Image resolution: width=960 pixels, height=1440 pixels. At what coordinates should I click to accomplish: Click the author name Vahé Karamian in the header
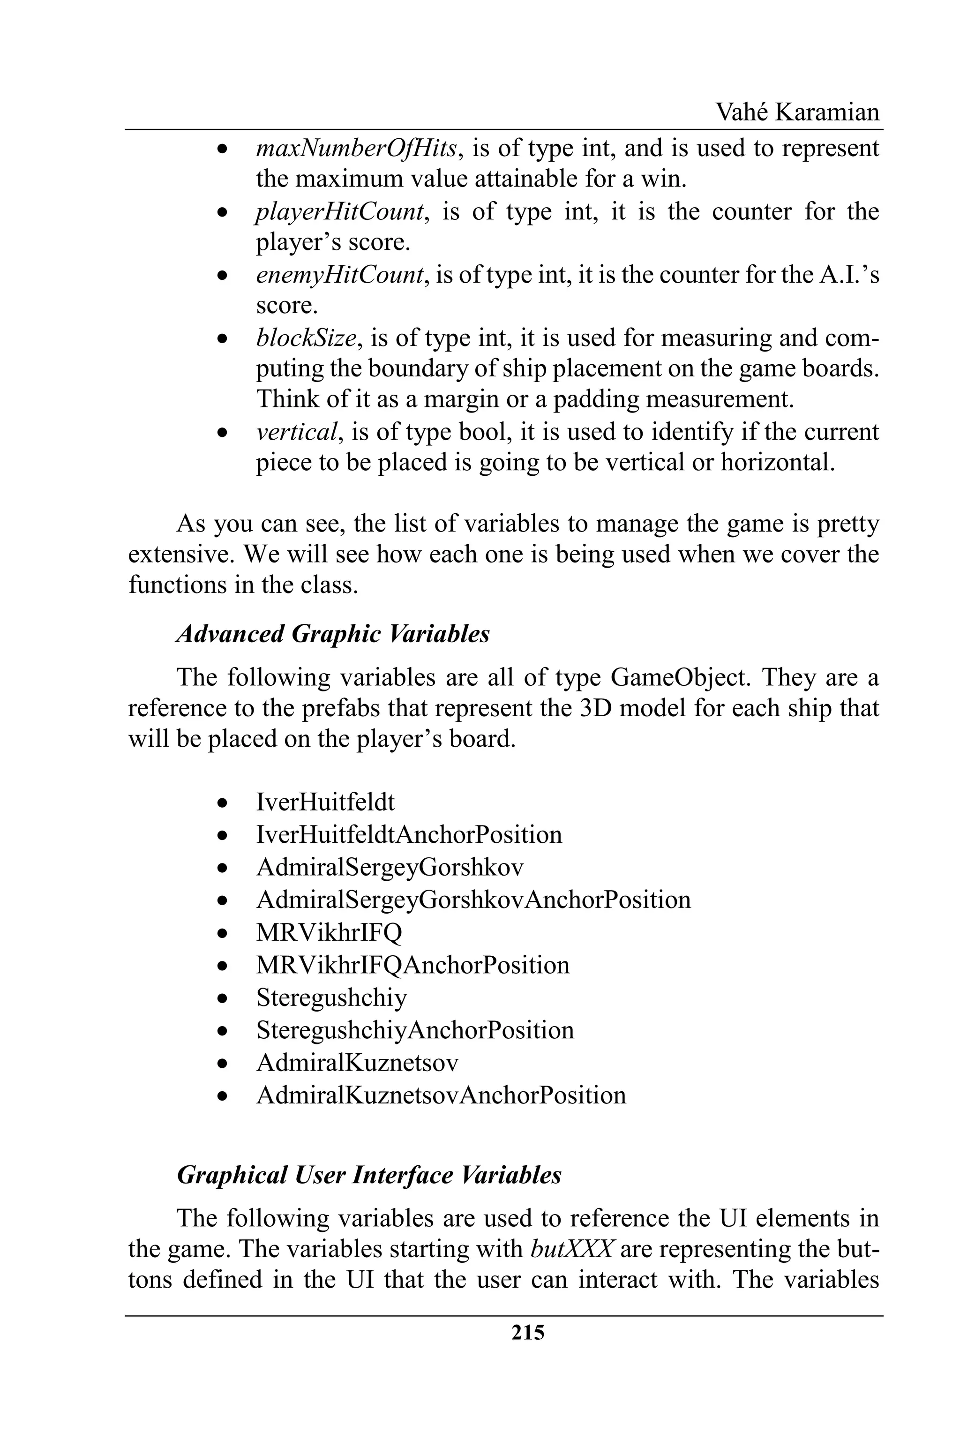pyautogui.click(x=797, y=112)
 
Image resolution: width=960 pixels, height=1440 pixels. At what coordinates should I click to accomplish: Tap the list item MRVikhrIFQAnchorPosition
pyautogui.click(x=412, y=965)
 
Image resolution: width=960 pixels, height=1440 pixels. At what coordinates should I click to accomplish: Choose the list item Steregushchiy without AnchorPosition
pyautogui.click(x=331, y=997)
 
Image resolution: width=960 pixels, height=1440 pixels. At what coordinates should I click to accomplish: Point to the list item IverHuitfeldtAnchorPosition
pyautogui.click(x=409, y=834)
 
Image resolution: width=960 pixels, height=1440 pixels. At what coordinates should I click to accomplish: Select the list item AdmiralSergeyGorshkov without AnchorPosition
pyautogui.click(x=390, y=867)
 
